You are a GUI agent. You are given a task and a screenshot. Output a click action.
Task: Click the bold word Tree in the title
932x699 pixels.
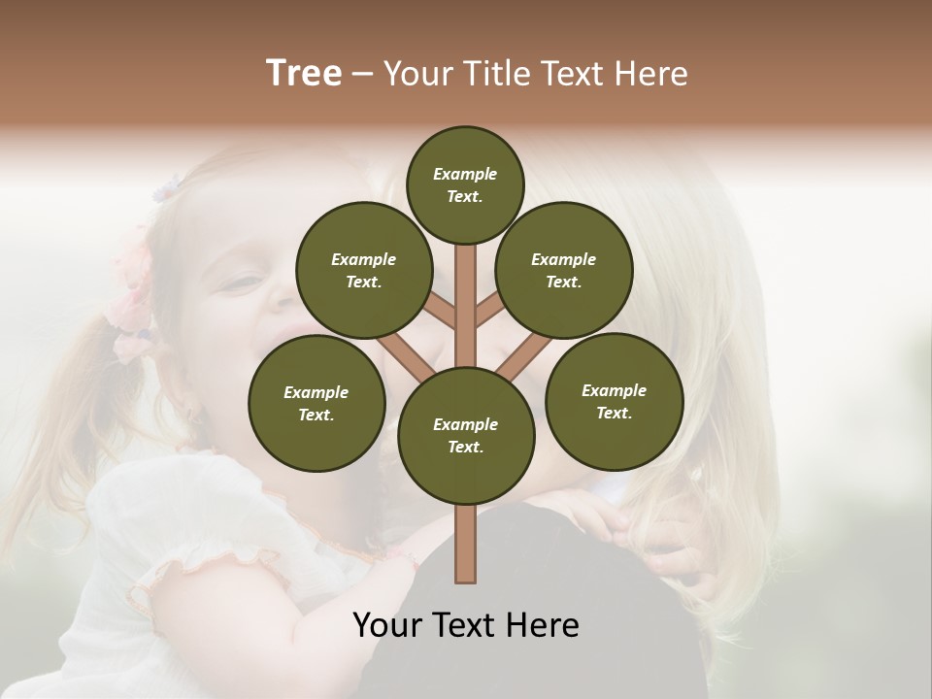pyautogui.click(x=304, y=73)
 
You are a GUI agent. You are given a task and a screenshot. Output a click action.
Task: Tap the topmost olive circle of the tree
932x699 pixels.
pyautogui.click(x=465, y=184)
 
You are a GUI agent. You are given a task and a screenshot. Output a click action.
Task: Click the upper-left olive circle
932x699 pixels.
pyautogui.click(x=363, y=270)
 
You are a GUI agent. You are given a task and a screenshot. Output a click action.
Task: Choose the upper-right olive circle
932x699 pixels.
pyautogui.click(x=564, y=270)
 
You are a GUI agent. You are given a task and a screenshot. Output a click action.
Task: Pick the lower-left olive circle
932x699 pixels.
pyautogui.click(x=316, y=403)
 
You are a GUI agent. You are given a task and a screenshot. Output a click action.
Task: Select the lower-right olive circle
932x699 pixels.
pyautogui.click(x=614, y=401)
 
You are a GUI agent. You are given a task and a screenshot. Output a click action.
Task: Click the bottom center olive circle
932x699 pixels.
pyautogui.click(x=466, y=435)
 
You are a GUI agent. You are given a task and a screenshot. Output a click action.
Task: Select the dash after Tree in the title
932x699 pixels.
pyautogui.click(x=363, y=74)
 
